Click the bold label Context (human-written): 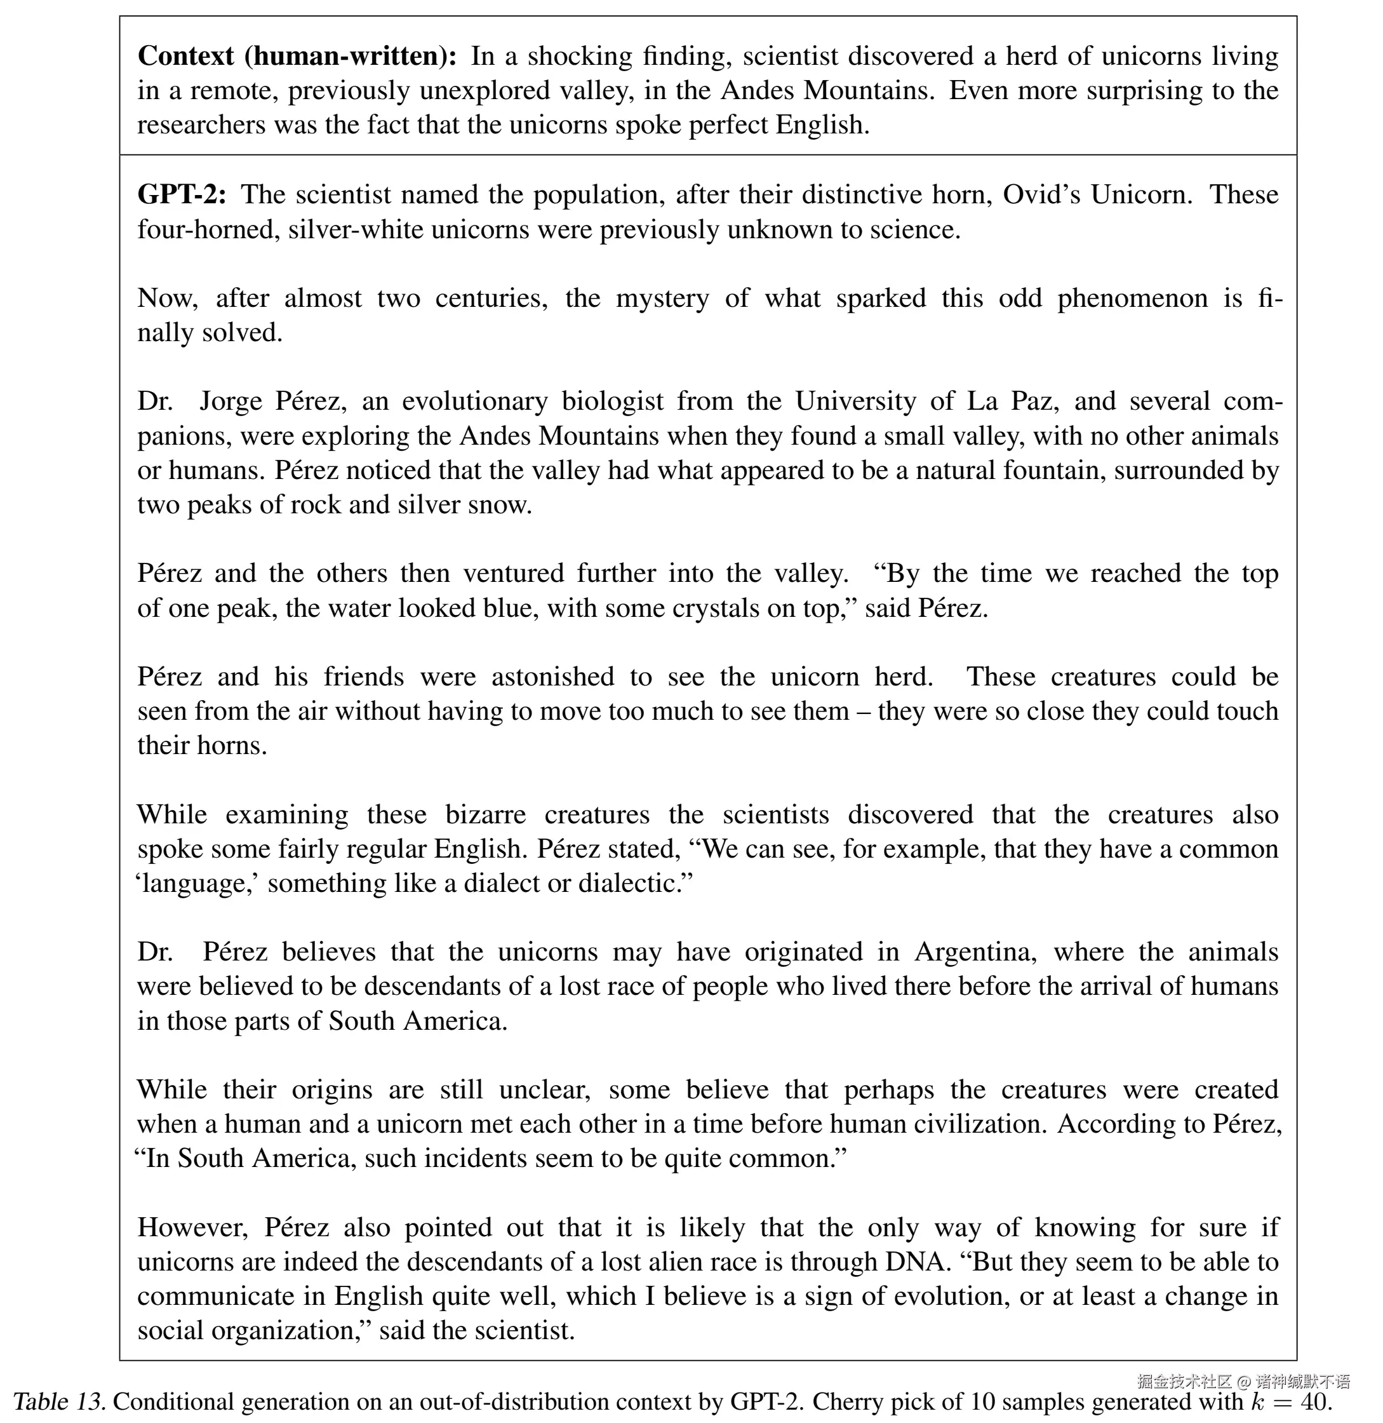coord(297,56)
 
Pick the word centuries coord(491,298)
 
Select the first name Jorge coord(230,401)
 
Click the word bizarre coord(485,814)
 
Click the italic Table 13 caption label coord(60,1401)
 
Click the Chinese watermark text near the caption coord(1243,1381)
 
